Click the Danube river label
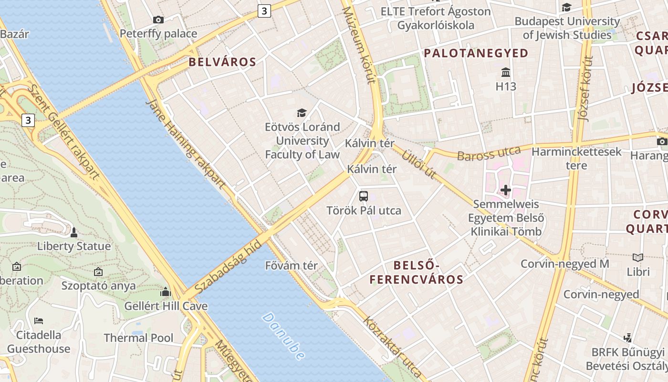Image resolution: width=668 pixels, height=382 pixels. [x=283, y=336]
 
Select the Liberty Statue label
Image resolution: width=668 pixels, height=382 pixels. [x=74, y=246]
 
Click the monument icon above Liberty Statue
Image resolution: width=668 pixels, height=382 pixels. [x=74, y=233]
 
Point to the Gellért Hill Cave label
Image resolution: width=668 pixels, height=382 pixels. [x=166, y=306]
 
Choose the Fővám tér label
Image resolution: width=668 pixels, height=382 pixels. [x=291, y=266]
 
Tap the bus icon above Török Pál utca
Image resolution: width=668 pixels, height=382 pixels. [x=364, y=196]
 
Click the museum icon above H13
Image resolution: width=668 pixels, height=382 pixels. [x=506, y=73]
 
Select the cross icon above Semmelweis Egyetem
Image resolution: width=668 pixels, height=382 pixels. [x=506, y=191]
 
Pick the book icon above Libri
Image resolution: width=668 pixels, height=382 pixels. [x=638, y=257]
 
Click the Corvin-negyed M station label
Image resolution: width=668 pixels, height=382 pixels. [x=565, y=264]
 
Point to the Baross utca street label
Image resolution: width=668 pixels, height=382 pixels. [x=489, y=154]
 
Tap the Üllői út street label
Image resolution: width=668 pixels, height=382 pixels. [x=419, y=164]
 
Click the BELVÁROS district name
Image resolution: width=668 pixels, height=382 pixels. [x=222, y=62]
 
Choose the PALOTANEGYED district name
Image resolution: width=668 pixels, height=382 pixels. [x=476, y=53]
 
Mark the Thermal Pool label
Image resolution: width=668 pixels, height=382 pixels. [x=139, y=338]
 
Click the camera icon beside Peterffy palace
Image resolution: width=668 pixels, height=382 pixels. [x=158, y=20]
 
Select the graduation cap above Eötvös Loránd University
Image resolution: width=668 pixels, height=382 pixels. [x=302, y=113]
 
